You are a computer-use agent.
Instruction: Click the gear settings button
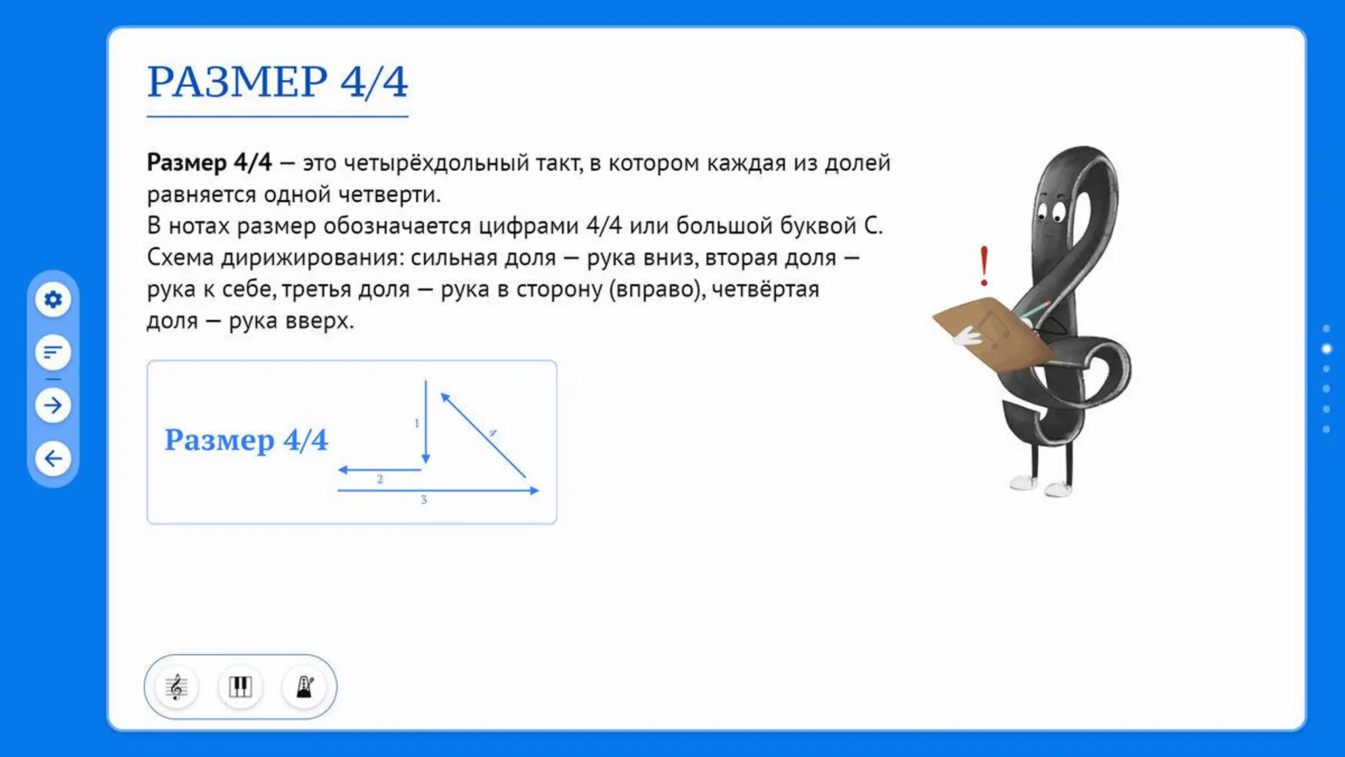click(53, 300)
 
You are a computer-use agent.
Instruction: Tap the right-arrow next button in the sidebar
click(53, 405)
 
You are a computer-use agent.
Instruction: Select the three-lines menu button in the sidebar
click(53, 352)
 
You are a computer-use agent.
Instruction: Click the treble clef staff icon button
click(176, 687)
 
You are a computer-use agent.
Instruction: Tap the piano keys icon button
click(240, 687)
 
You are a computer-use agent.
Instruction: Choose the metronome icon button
click(304, 687)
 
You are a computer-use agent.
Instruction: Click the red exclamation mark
click(984, 266)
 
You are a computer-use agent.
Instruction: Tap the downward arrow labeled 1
click(426, 422)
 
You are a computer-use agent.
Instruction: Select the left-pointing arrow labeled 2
click(380, 470)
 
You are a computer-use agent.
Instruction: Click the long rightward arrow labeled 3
click(438, 490)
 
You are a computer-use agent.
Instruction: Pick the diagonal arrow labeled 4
click(483, 435)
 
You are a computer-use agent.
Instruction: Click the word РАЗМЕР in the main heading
click(237, 82)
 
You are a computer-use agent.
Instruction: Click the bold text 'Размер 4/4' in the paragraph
click(209, 162)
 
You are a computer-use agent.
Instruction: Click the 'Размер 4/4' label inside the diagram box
click(246, 440)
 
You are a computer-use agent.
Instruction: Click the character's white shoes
click(1042, 486)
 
